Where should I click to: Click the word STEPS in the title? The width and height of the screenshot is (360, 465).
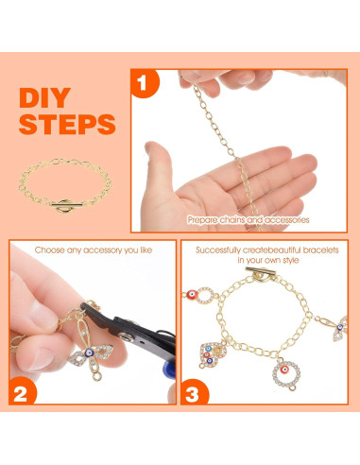(x=66, y=125)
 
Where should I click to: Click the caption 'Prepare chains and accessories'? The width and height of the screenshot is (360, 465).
(x=248, y=219)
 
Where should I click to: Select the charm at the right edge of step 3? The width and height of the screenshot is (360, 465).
(x=340, y=327)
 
